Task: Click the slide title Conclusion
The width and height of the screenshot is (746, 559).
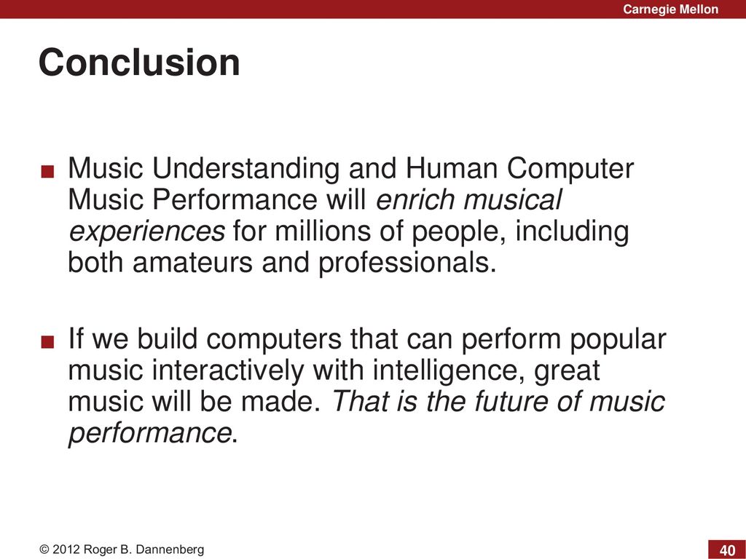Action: (139, 63)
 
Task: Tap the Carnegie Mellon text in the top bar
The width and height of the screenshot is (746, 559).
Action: (670, 9)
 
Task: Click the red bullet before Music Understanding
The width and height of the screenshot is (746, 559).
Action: (47, 171)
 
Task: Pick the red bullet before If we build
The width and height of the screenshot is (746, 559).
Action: (47, 342)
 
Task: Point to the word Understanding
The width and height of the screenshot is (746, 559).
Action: (246, 168)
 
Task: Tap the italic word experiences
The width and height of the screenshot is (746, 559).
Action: (146, 232)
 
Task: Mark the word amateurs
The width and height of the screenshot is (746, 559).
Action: (192, 262)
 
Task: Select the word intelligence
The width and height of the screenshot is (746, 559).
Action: (449, 371)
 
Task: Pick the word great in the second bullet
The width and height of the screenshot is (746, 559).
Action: (567, 372)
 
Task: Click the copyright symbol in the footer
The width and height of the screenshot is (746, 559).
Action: (44, 550)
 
